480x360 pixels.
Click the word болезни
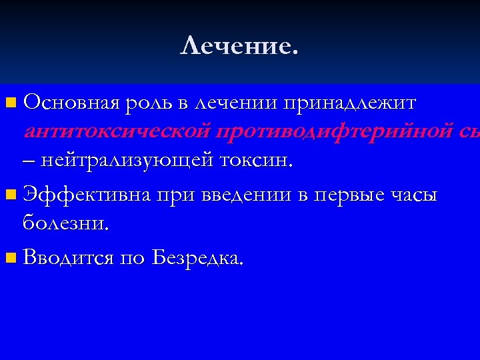pos(65,223)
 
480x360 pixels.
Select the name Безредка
pos(197,258)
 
